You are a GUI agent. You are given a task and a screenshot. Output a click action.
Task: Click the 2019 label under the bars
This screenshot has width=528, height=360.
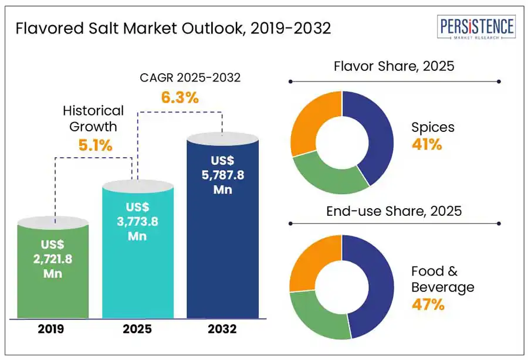[53, 330]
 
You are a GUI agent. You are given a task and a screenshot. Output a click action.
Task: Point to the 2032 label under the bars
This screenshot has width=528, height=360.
[222, 330]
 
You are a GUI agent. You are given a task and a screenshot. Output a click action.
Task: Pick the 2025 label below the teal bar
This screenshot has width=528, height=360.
[138, 330]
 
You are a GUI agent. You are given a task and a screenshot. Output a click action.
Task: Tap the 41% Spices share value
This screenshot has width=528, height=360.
[427, 144]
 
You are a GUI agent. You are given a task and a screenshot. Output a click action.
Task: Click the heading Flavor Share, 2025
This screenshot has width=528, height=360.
[394, 66]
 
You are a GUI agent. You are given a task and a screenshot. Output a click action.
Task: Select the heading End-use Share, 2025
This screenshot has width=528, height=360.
[394, 211]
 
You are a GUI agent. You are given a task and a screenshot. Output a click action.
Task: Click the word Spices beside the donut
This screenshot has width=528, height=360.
[433, 127]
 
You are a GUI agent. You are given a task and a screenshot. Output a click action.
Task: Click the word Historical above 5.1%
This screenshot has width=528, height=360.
[93, 111]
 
